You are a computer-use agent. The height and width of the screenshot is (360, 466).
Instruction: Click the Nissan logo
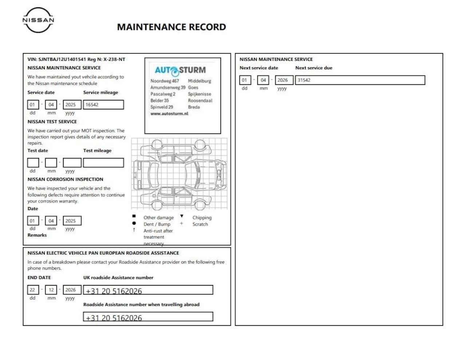click(x=38, y=20)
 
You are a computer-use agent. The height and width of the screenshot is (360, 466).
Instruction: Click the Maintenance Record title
click(x=171, y=27)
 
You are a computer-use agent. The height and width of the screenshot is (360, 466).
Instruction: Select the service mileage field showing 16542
click(x=103, y=105)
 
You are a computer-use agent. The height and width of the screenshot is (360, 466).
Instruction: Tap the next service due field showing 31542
click(x=360, y=80)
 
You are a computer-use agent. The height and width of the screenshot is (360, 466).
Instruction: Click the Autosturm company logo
click(x=180, y=70)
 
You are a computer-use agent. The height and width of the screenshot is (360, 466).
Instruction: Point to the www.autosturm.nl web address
click(x=169, y=114)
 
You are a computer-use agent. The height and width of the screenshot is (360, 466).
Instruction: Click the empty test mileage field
click(x=103, y=163)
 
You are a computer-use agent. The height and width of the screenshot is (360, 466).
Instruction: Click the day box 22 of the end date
click(x=33, y=290)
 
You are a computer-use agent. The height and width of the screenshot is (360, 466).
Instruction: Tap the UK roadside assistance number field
click(x=148, y=290)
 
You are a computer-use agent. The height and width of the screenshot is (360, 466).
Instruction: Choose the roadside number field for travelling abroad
click(x=148, y=317)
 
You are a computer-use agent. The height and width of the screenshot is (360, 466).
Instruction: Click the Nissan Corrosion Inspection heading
click(x=65, y=179)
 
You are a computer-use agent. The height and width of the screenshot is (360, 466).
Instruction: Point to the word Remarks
click(x=37, y=235)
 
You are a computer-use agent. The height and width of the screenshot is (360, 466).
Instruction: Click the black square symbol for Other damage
click(x=134, y=216)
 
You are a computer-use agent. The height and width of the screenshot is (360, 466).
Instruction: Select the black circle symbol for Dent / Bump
click(x=134, y=223)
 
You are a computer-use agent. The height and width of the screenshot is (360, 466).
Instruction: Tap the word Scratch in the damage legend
click(x=200, y=224)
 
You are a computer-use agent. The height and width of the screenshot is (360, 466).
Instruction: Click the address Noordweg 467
click(x=165, y=81)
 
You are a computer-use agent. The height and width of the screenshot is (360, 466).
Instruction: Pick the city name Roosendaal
click(x=200, y=100)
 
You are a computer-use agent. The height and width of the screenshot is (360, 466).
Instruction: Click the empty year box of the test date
click(x=72, y=163)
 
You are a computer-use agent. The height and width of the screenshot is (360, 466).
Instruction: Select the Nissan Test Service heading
click(x=52, y=122)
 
